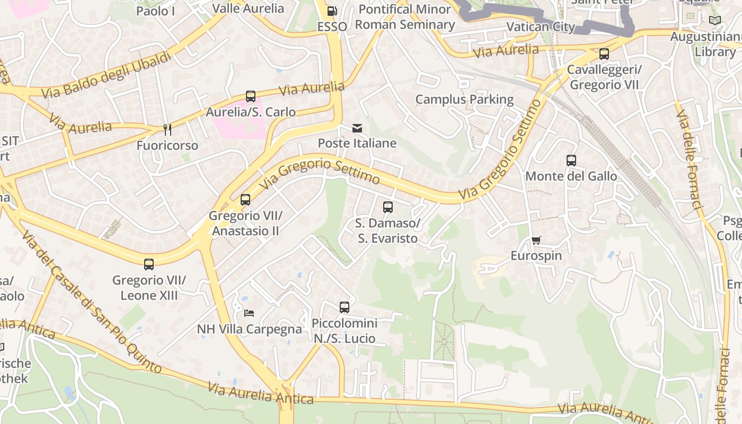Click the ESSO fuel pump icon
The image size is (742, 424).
332,11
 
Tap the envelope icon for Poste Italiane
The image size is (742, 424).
357,128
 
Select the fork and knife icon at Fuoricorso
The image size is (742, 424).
167,130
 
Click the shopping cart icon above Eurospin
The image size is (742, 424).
536,241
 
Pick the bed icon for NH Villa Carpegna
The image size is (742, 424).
249,313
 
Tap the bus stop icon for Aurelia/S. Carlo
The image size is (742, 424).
251,96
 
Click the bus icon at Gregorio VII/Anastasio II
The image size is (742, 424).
245,200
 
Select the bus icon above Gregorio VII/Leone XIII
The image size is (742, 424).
149,264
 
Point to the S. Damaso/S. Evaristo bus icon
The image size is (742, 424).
388,207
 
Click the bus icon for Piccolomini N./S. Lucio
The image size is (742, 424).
344,307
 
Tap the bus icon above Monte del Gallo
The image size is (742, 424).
571,161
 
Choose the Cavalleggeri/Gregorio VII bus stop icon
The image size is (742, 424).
604,54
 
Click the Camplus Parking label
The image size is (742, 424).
464,100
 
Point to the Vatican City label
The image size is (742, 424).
541,26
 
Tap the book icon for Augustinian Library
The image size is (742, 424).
715,21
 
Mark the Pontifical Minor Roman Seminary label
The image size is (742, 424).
405,17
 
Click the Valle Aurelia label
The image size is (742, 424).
248,8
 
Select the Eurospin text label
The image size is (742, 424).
536,255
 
